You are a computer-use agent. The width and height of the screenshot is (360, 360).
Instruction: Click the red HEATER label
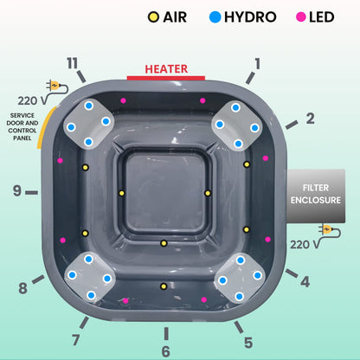click(x=166, y=68)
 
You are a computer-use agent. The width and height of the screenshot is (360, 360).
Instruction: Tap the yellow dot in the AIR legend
click(x=154, y=16)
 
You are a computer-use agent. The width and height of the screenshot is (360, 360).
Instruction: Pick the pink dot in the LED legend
click(x=302, y=16)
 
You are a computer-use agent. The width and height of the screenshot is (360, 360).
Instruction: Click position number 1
click(x=256, y=62)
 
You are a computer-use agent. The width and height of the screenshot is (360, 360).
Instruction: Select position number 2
click(x=310, y=118)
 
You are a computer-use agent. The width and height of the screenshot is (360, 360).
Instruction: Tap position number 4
click(x=305, y=281)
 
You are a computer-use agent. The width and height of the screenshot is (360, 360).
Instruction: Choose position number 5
click(x=247, y=342)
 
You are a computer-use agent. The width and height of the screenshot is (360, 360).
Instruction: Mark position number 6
click(x=166, y=351)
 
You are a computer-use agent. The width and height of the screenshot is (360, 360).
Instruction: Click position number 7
click(x=76, y=339)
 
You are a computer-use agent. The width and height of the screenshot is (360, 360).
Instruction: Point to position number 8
click(x=23, y=288)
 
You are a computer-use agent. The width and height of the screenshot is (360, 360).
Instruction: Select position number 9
click(x=16, y=190)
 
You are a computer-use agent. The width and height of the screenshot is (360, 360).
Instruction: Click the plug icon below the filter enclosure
click(x=327, y=230)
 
